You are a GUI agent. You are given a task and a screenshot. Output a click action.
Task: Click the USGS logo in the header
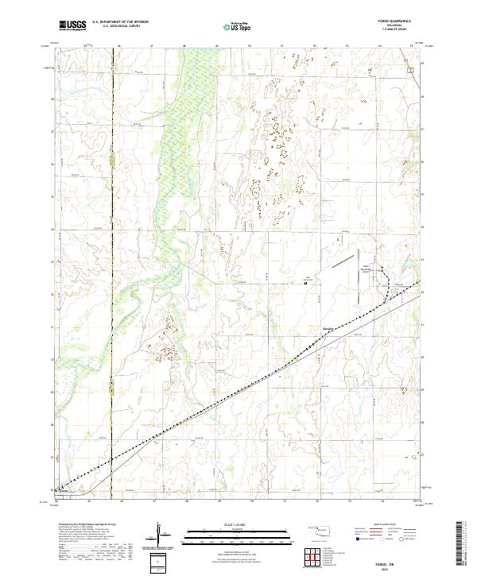72,25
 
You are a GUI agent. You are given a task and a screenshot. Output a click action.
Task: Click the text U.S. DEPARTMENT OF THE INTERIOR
120,21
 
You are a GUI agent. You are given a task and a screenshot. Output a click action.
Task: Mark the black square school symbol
307,285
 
